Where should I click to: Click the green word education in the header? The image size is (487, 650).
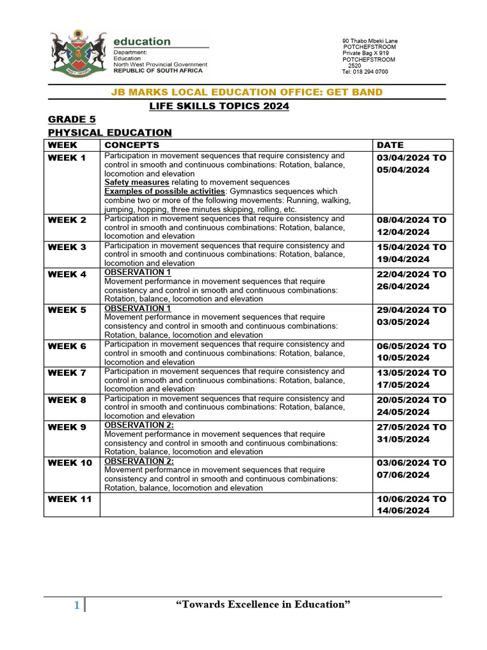[142, 41]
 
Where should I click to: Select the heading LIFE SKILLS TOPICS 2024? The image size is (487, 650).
[219, 106]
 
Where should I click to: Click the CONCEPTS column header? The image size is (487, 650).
[131, 145]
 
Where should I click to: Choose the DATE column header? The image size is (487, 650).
[390, 145]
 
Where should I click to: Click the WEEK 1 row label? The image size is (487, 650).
[67, 157]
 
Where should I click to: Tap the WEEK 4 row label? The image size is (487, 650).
[67, 274]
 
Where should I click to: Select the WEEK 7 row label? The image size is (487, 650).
[67, 373]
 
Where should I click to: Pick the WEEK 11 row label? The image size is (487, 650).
[70, 499]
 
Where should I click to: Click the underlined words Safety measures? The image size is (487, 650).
[136, 182]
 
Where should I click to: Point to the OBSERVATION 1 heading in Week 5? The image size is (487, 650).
[138, 308]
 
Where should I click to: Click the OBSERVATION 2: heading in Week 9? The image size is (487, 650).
[139, 425]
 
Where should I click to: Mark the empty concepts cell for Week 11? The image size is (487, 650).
[237, 505]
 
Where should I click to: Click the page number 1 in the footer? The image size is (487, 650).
[76, 606]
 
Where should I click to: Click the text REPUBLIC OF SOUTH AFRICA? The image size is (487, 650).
[158, 70]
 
